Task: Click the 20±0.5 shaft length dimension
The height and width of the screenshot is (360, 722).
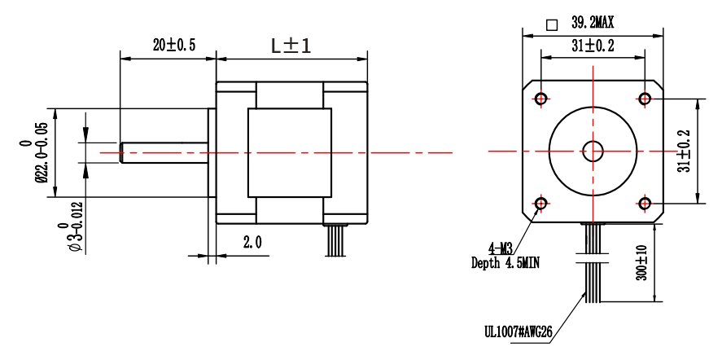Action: point(173,46)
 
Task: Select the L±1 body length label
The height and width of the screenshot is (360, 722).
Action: point(291,46)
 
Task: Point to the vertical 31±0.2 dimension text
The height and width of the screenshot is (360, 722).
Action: point(684,151)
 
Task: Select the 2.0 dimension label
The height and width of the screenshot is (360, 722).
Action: point(252,242)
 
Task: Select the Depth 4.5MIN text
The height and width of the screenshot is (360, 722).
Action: point(505,262)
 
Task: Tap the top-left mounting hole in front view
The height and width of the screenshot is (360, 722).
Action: point(541,99)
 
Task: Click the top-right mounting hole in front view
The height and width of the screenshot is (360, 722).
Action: point(645,99)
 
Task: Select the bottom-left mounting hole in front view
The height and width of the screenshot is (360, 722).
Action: point(541,203)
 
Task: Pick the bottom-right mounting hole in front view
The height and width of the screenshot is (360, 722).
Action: point(645,203)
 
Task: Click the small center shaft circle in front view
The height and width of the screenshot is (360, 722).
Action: point(593,151)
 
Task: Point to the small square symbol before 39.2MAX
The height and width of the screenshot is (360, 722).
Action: point(552,24)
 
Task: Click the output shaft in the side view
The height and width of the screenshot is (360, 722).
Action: point(163,153)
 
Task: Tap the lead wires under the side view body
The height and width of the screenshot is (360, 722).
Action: point(335,240)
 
